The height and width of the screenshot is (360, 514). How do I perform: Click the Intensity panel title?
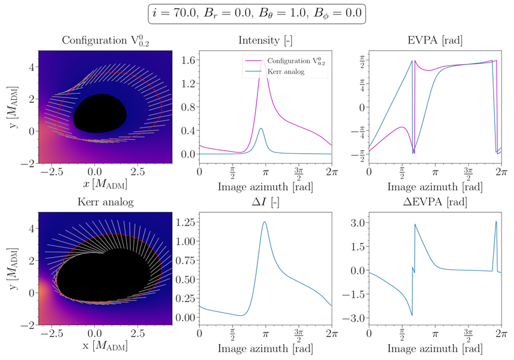(x=265, y=41)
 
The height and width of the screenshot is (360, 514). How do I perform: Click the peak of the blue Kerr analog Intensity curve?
(x=261, y=128)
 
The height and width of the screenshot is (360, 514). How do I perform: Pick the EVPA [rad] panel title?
(x=436, y=41)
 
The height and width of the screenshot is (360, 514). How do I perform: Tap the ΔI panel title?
(x=265, y=202)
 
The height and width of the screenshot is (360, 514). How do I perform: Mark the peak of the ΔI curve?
(x=264, y=222)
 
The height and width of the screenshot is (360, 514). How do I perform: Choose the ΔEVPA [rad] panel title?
(x=436, y=202)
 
